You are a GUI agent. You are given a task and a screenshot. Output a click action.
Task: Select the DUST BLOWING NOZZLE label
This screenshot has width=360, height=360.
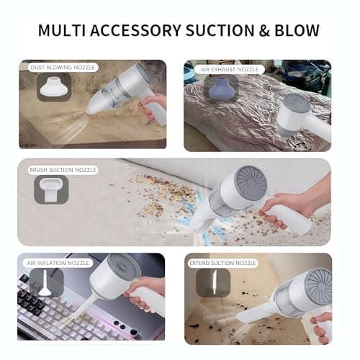(x=61, y=67)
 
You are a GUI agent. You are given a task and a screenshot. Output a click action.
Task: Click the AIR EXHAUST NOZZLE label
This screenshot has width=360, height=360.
(x=229, y=69)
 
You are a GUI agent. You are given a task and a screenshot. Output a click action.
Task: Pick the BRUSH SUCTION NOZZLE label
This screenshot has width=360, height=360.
(x=62, y=171)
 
